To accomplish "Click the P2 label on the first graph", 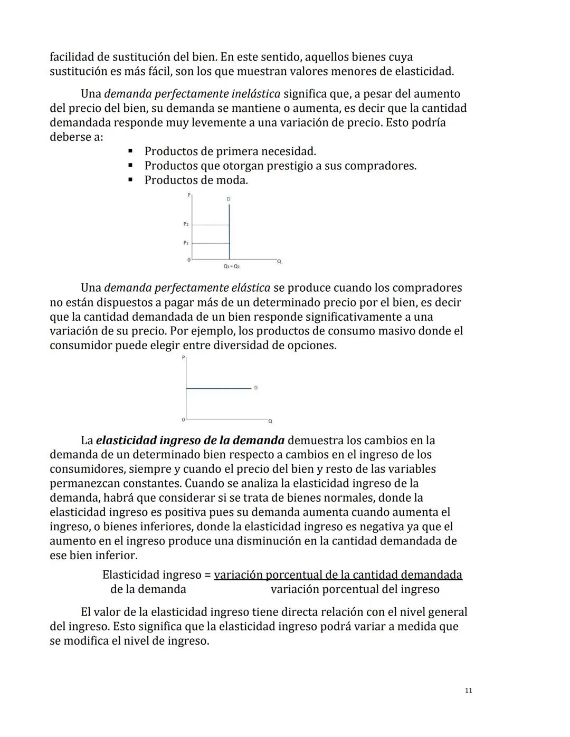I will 186,224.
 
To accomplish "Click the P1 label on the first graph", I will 186,243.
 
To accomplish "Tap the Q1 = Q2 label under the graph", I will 231,267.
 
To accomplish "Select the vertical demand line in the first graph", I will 229,232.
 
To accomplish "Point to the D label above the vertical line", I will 229,199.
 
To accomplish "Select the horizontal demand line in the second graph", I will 218,388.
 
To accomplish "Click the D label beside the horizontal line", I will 256,388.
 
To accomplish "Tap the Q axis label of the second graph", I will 270,421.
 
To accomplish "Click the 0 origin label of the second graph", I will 183,420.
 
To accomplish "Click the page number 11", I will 469,691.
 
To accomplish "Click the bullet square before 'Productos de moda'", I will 130,180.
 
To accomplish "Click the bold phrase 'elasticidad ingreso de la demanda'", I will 190,441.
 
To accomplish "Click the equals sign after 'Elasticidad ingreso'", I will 208,575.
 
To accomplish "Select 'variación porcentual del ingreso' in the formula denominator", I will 355,589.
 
